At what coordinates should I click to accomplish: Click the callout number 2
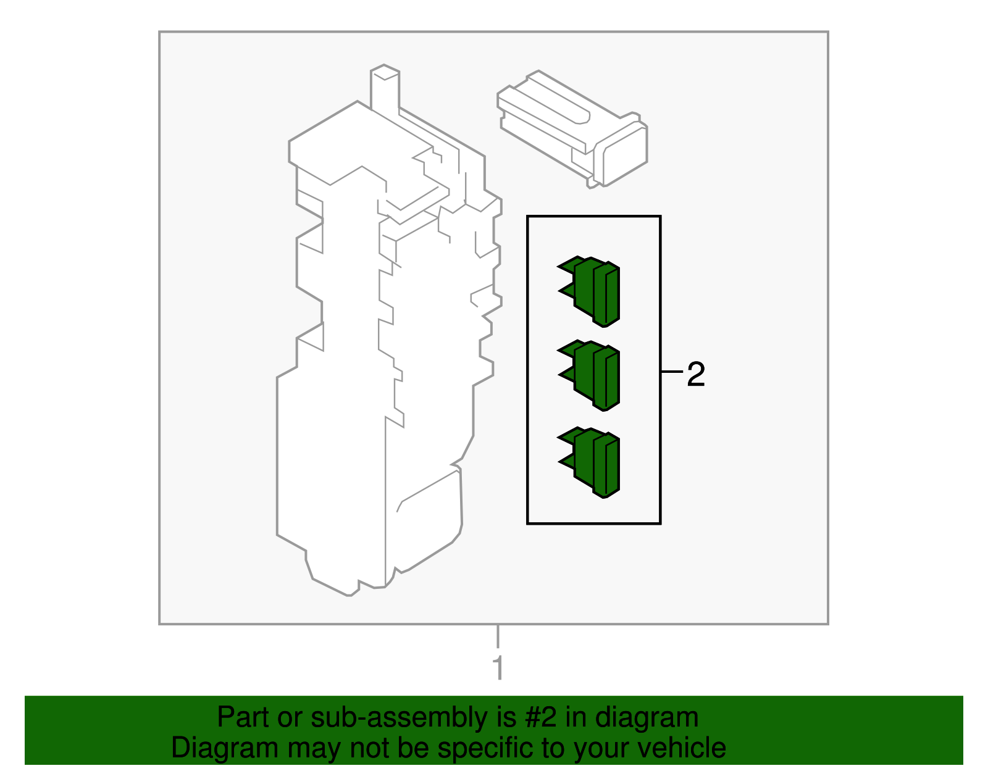[x=696, y=374]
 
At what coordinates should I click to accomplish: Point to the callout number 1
[x=499, y=668]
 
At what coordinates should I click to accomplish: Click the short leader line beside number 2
[x=672, y=372]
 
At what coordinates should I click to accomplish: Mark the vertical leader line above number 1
[x=498, y=636]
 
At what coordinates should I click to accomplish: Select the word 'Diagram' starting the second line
[x=225, y=748]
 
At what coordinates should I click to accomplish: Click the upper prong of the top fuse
[x=568, y=265]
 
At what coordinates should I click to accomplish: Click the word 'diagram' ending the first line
[x=647, y=719]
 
